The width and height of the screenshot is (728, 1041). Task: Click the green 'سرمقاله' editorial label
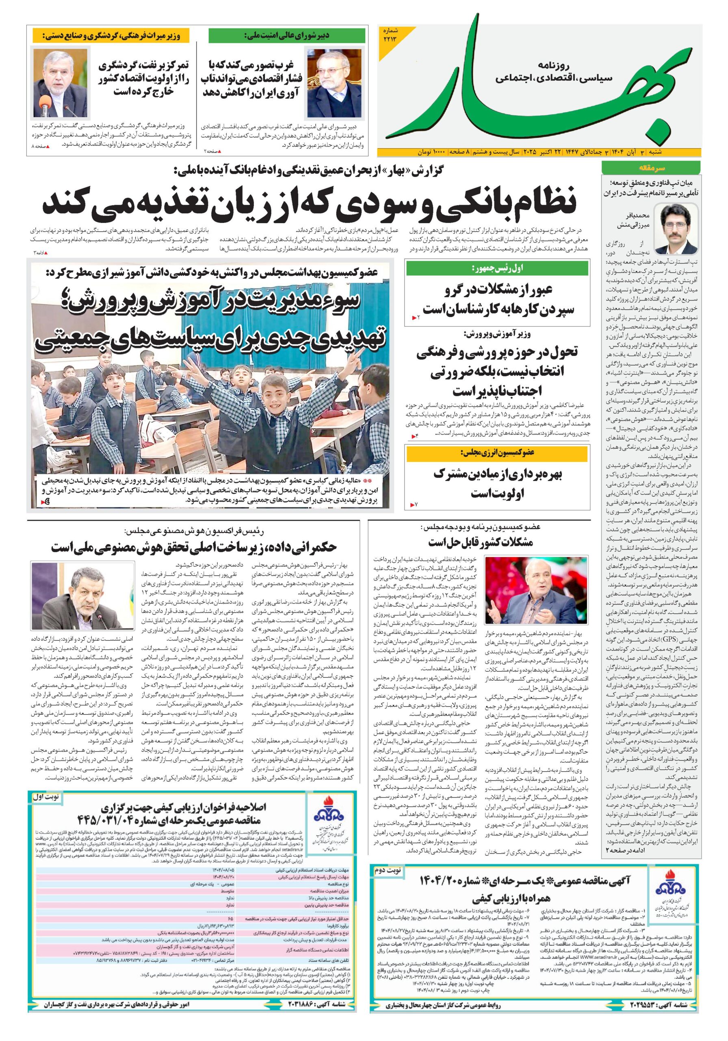[x=651, y=168]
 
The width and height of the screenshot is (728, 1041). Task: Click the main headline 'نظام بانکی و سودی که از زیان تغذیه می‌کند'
[x=310, y=202]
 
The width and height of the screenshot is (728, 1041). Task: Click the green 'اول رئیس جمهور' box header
[x=497, y=268]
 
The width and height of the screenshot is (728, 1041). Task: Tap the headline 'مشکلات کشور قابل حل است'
[x=480, y=543]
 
